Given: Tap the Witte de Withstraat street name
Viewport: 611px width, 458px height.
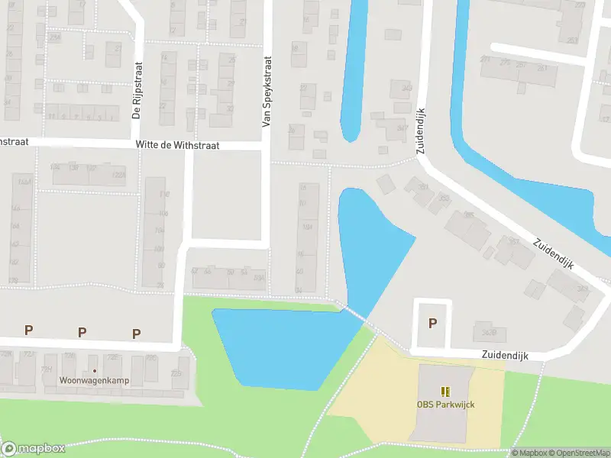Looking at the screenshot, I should [x=178, y=144].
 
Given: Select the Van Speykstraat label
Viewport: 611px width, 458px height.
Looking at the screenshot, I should [x=267, y=92].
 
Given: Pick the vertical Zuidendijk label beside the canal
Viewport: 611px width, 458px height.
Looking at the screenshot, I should [x=421, y=132].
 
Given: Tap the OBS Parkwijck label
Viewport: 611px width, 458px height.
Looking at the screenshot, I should [x=445, y=405].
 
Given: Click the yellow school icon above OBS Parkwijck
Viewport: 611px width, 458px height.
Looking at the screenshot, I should [x=445, y=391].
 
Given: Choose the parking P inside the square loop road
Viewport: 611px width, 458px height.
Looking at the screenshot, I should [x=432, y=323].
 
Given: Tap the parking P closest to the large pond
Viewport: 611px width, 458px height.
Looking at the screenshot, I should [x=137, y=333].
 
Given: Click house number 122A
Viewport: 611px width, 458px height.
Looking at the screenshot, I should [x=118, y=175].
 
